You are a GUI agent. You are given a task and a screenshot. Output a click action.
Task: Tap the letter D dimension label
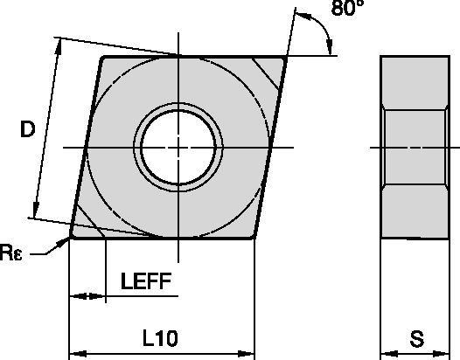click(27, 130)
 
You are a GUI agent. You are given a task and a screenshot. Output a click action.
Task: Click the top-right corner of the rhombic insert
click(285, 58)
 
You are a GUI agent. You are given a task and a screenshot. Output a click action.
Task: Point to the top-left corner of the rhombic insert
click(102, 59)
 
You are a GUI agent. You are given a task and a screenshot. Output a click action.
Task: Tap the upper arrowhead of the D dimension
click(59, 43)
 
